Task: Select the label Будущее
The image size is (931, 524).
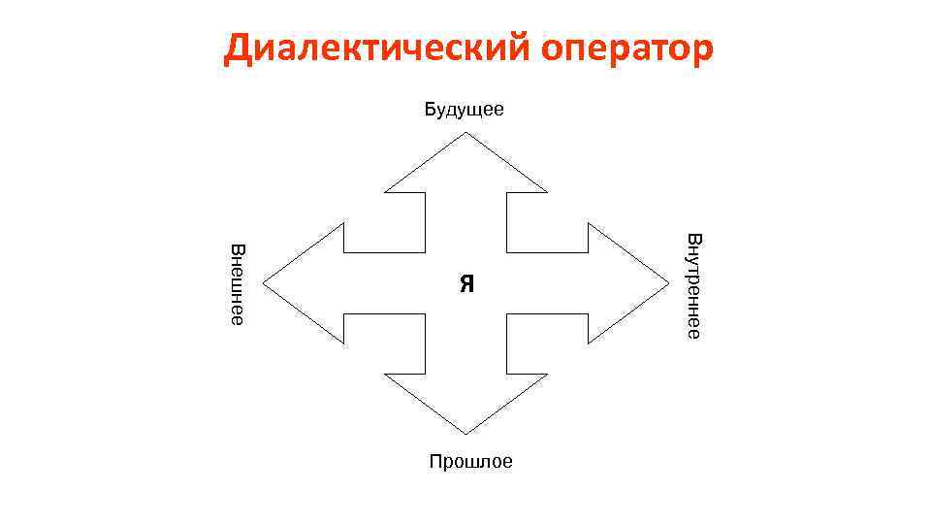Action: tap(464, 109)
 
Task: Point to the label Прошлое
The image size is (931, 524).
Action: tap(470, 462)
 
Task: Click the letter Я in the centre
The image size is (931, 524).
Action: tap(466, 283)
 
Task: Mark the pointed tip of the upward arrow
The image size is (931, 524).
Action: tap(466, 133)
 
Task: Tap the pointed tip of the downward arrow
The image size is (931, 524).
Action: tap(466, 433)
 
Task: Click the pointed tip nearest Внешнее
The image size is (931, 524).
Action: tap(264, 283)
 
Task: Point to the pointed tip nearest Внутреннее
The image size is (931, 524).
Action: tap(669, 283)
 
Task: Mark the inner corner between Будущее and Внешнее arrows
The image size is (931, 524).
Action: tap(425, 252)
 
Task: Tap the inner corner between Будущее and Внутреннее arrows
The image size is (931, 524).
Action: tap(506, 252)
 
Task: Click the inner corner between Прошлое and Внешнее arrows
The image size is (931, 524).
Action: tap(425, 314)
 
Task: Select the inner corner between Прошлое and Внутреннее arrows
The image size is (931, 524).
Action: tap(506, 314)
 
